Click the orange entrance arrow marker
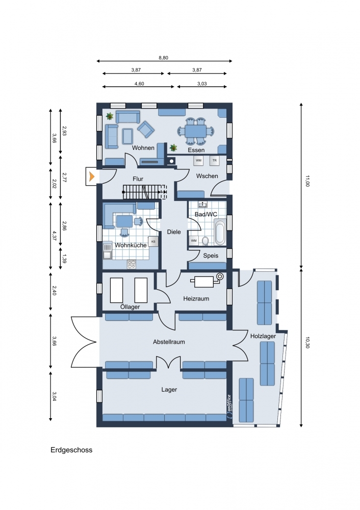click(x=92, y=176)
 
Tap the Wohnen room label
click(x=143, y=148)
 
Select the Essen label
click(x=196, y=150)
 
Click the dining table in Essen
click(x=196, y=132)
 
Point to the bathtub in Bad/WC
click(x=220, y=232)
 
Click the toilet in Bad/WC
click(x=205, y=241)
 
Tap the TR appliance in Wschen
click(x=214, y=160)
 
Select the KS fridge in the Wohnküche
click(x=153, y=241)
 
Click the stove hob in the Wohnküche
click(x=132, y=264)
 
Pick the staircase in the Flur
click(x=145, y=192)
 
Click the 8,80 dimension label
click(x=163, y=58)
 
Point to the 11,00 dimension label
click(x=307, y=181)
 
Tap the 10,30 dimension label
click(x=307, y=343)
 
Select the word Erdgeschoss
click(x=71, y=450)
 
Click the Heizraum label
click(x=196, y=298)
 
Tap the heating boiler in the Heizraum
click(x=207, y=280)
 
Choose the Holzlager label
click(x=263, y=336)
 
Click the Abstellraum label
click(x=169, y=342)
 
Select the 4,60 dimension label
click(x=139, y=84)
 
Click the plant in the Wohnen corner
click(x=110, y=116)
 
